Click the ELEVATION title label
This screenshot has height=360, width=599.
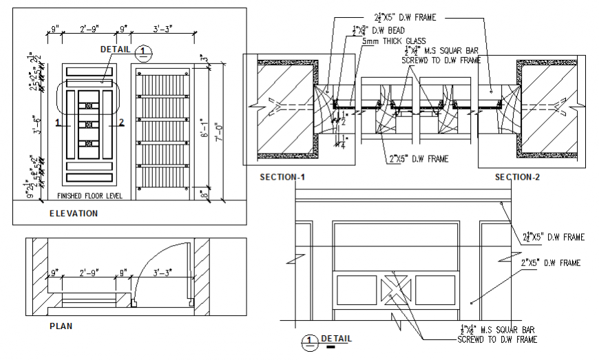[x=73, y=213]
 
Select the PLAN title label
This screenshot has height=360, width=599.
[x=61, y=326]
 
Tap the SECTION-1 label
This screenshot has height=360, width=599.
[x=282, y=177]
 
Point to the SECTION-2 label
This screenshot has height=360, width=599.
[x=517, y=177]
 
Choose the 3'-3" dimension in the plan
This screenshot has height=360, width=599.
[x=165, y=273]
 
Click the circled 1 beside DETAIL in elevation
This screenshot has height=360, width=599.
[x=143, y=51]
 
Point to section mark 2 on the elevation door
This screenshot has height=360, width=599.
[x=121, y=123]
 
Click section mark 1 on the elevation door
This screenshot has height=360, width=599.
[x=59, y=123]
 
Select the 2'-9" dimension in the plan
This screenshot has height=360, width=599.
[x=91, y=273]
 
